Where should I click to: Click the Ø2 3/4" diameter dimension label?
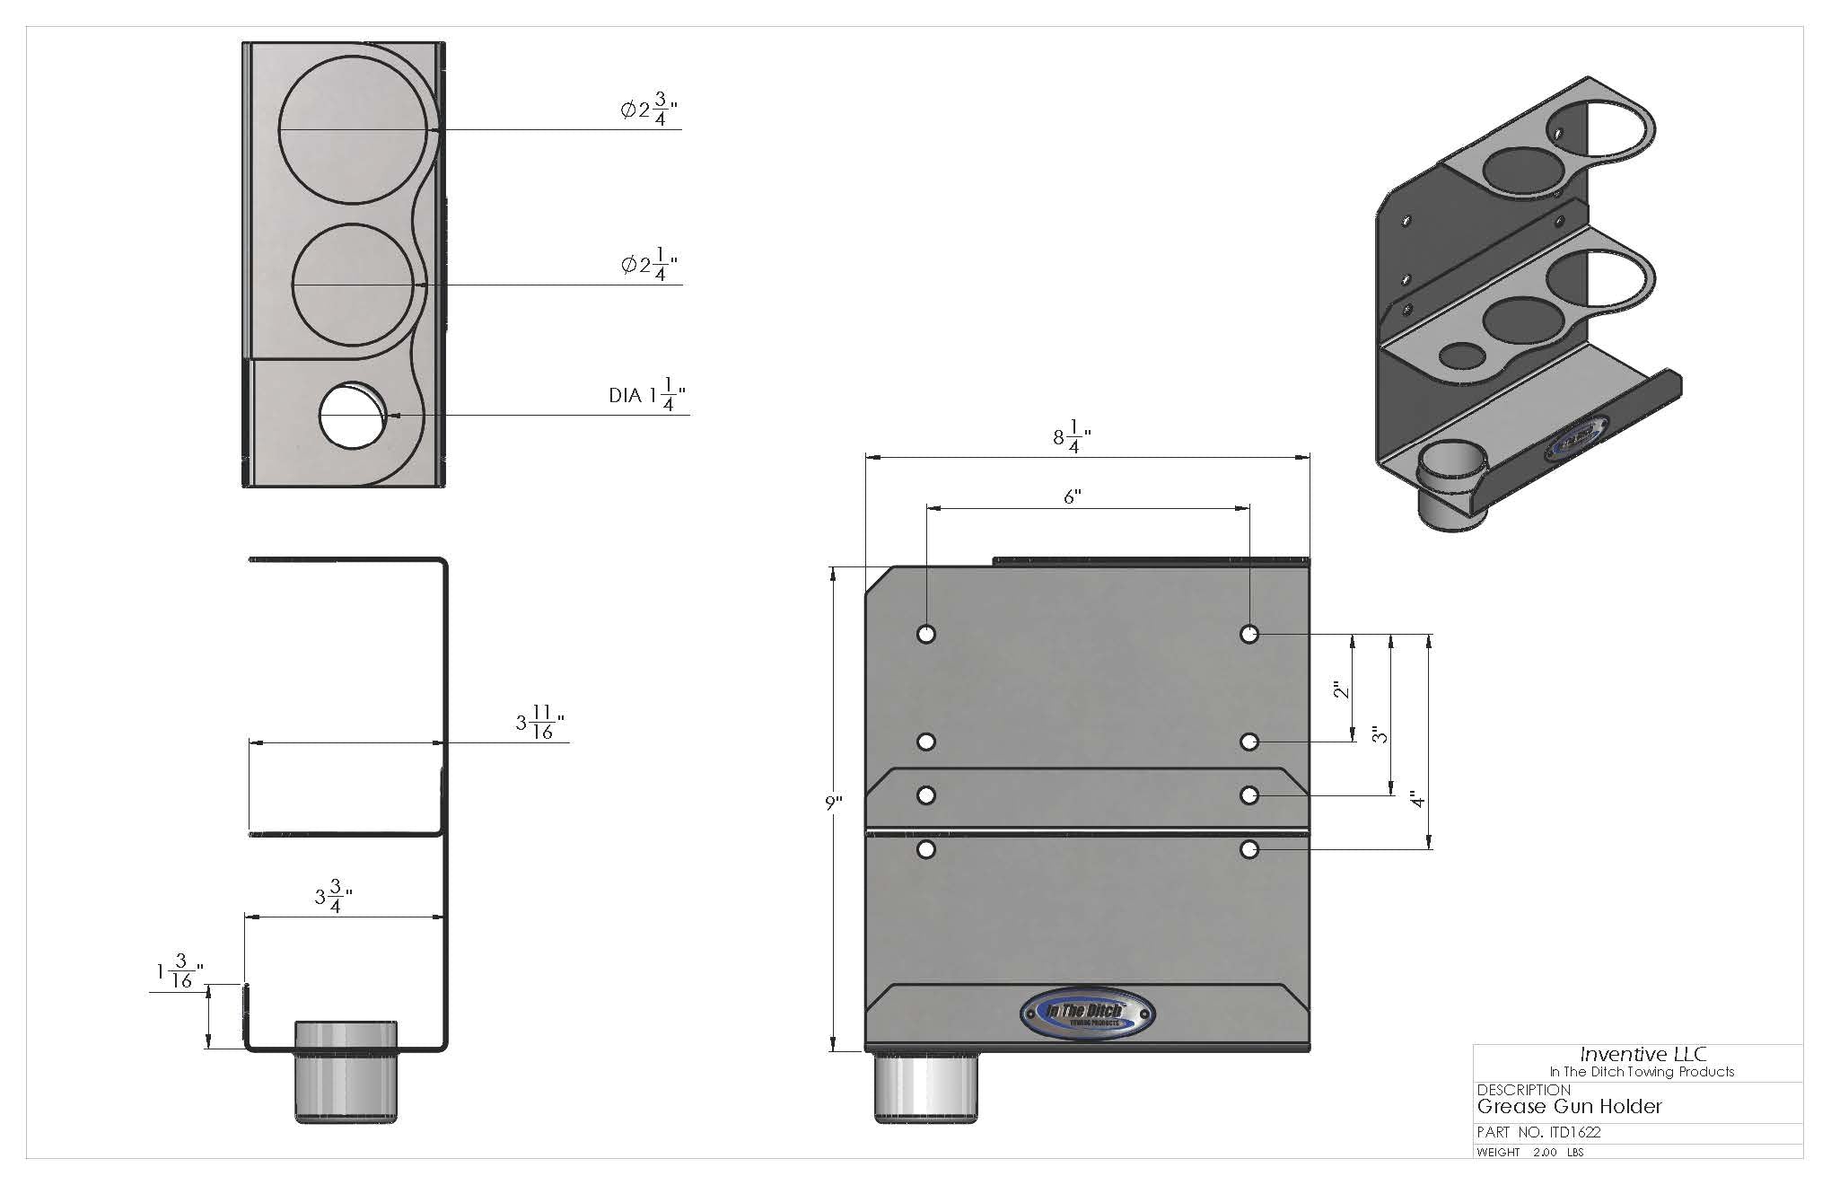click(x=648, y=110)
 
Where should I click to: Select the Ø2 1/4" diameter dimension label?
click(x=648, y=265)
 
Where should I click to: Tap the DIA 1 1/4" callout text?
click(x=647, y=395)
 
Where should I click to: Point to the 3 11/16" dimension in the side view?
click(x=540, y=723)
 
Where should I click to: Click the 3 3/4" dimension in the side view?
click(x=333, y=897)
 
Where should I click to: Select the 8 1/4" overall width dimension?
click(x=1072, y=438)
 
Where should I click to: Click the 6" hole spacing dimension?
click(x=1072, y=496)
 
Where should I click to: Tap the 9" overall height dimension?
click(x=834, y=803)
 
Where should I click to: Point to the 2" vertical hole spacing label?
click(x=1341, y=689)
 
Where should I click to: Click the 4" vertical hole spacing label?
click(x=1416, y=798)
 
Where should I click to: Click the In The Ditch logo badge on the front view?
click(x=1087, y=1014)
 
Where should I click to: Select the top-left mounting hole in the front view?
click(x=926, y=634)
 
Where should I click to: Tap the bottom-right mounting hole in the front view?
click(x=1248, y=849)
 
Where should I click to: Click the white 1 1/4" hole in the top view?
click(x=353, y=415)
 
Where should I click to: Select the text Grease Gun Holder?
click(x=1570, y=1106)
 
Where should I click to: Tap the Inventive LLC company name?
click(x=1643, y=1055)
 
